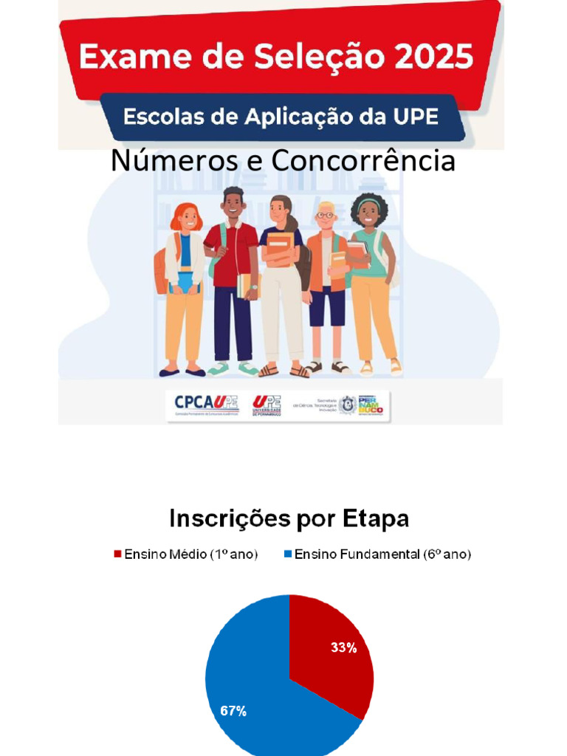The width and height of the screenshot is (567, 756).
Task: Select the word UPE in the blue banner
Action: tap(416, 117)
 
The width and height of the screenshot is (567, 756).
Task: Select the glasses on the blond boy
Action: tap(326, 215)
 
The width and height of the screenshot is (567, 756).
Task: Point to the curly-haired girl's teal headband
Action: tap(368, 202)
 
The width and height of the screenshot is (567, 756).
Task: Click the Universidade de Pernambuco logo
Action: tap(267, 405)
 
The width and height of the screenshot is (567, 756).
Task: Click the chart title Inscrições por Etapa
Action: tap(289, 518)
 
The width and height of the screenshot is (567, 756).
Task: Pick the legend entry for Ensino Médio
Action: tap(185, 554)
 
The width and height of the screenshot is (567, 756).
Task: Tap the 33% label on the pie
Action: tap(343, 648)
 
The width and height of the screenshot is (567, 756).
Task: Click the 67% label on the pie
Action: tap(233, 712)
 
